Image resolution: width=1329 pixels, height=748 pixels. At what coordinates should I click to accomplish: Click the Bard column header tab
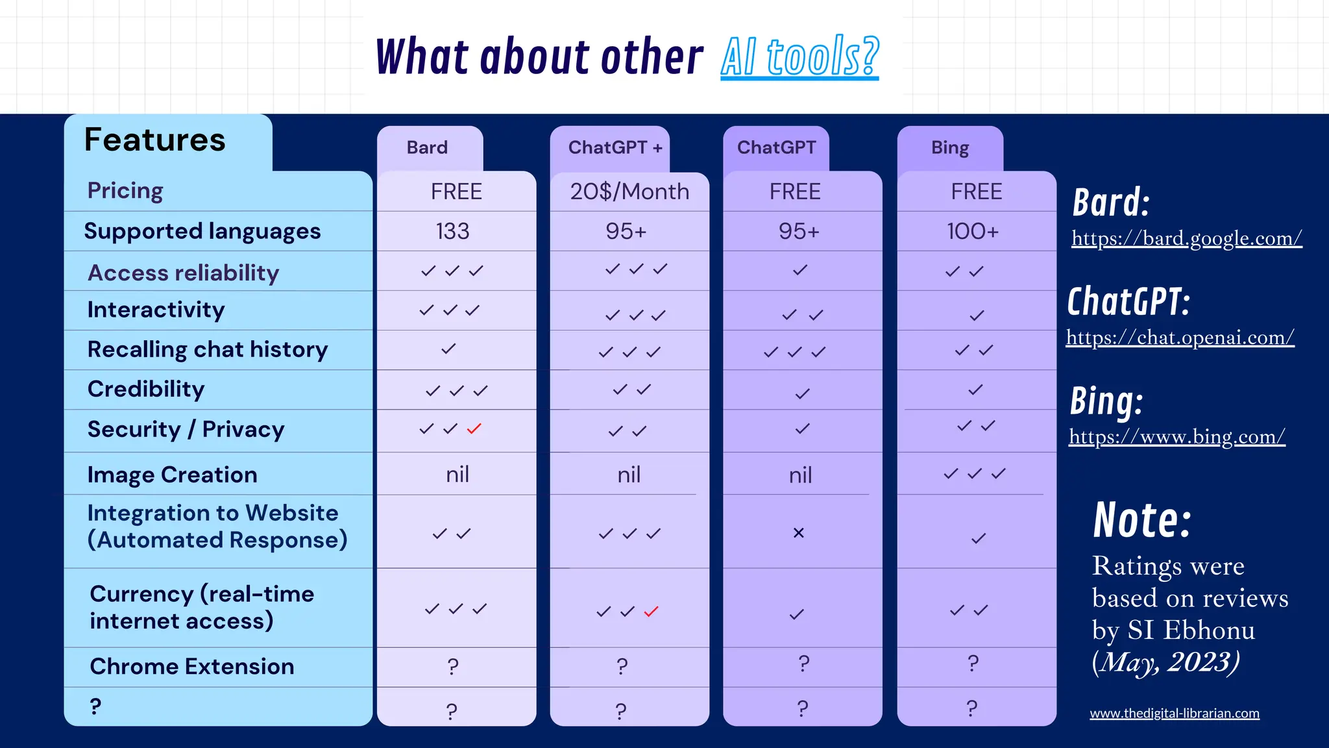coord(428,148)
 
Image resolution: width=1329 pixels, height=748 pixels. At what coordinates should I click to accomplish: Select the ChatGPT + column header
coord(615,148)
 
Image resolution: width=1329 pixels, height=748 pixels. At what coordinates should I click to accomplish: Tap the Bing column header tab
coord(950,148)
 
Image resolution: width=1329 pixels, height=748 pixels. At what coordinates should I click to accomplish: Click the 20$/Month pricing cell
coord(629,192)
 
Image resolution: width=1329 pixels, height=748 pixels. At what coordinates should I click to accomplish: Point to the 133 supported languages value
coord(452,231)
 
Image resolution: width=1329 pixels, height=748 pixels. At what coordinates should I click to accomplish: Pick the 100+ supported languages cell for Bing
coord(973,231)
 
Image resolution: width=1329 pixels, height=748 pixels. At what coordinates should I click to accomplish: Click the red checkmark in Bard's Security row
coord(474,429)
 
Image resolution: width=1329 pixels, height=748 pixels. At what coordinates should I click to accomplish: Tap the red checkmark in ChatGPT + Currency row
coord(652,612)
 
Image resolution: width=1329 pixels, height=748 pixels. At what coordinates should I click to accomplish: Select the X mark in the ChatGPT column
coord(799,533)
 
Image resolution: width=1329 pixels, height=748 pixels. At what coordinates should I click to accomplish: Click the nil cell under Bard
coord(457,475)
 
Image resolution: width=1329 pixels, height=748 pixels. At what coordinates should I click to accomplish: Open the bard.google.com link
coord(1186,238)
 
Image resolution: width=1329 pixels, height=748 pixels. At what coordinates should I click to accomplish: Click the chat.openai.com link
coord(1180,338)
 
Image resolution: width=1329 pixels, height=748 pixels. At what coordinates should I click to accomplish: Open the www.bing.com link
coord(1177,437)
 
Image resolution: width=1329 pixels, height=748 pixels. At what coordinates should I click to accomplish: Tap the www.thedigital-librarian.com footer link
coord(1175,713)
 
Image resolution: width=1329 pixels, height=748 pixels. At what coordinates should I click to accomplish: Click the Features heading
coord(155,140)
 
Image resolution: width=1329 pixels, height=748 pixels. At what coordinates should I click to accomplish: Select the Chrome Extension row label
coord(192,667)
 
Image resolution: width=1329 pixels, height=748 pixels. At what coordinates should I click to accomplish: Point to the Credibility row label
coord(146,389)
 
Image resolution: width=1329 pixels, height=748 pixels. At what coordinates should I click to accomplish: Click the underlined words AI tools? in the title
coord(799,57)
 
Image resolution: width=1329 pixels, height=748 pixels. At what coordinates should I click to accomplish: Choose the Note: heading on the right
coord(1142,520)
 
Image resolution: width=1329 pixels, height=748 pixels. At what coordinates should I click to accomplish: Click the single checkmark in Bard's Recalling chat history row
coord(448,349)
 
